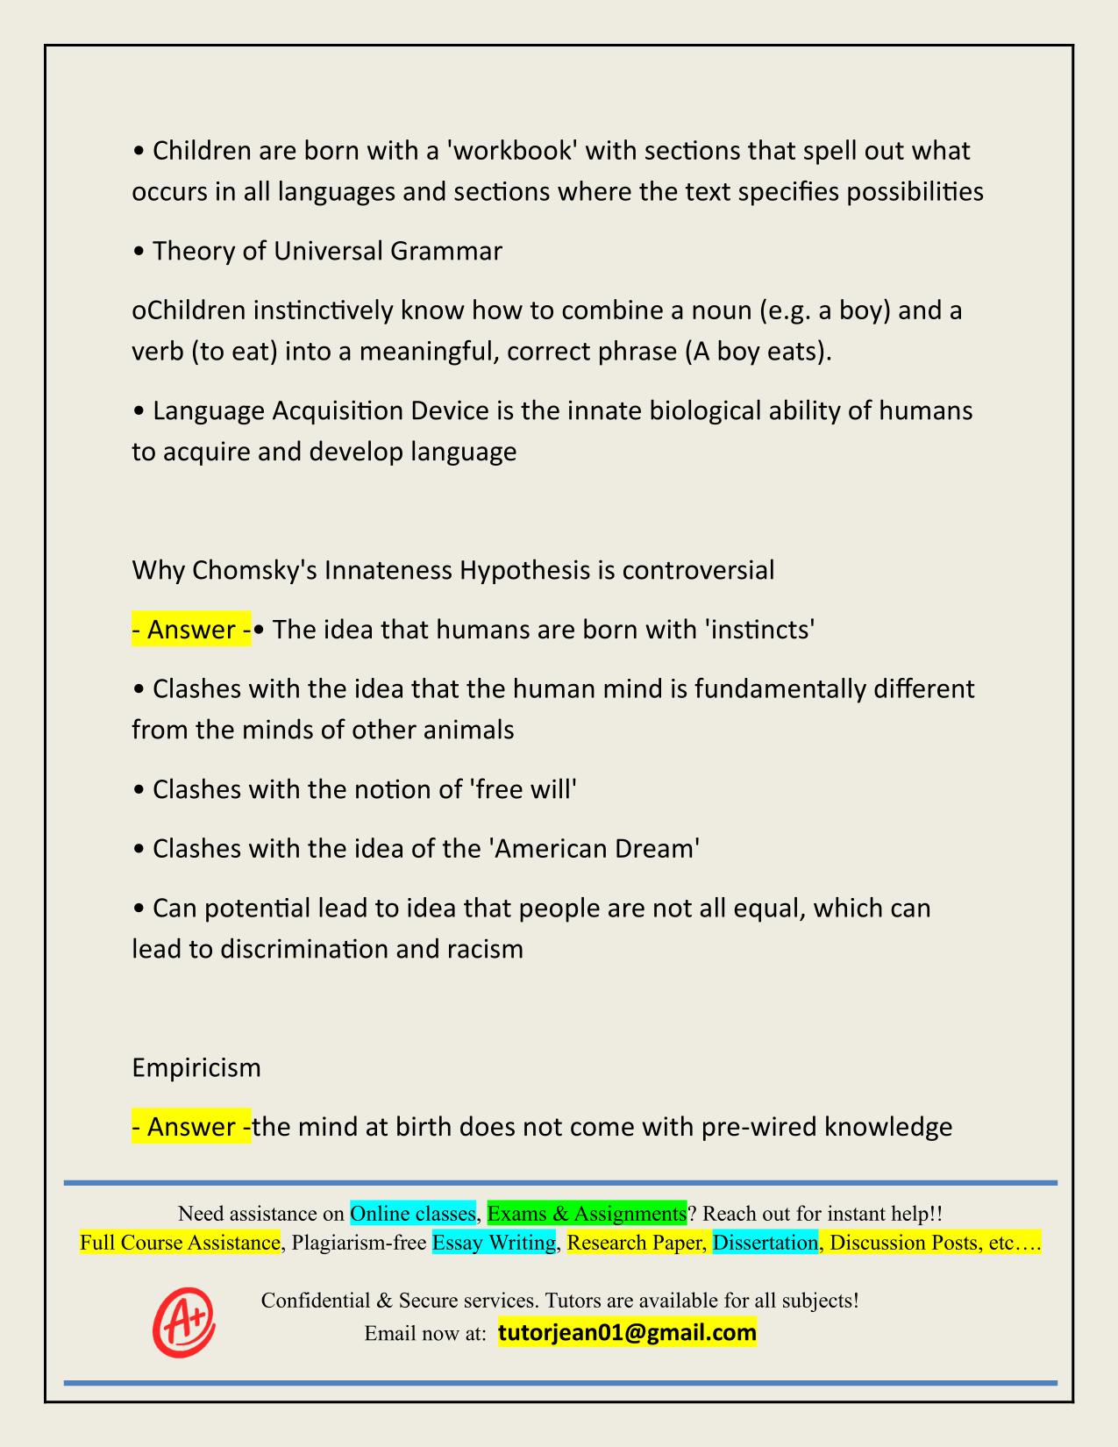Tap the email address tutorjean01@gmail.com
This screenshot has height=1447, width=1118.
pyautogui.click(x=627, y=1333)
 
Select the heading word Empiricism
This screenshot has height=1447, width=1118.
pyautogui.click(x=196, y=1067)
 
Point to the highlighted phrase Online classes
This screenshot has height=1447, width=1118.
pyautogui.click(x=413, y=1214)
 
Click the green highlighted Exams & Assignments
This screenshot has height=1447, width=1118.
pyautogui.click(x=587, y=1214)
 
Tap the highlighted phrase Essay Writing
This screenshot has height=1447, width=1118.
pyautogui.click(x=495, y=1243)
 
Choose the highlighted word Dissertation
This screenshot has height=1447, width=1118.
pyautogui.click(x=766, y=1243)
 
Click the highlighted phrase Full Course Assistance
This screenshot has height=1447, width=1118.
pyautogui.click(x=180, y=1243)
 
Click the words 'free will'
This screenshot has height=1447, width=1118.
pyautogui.click(x=524, y=789)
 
